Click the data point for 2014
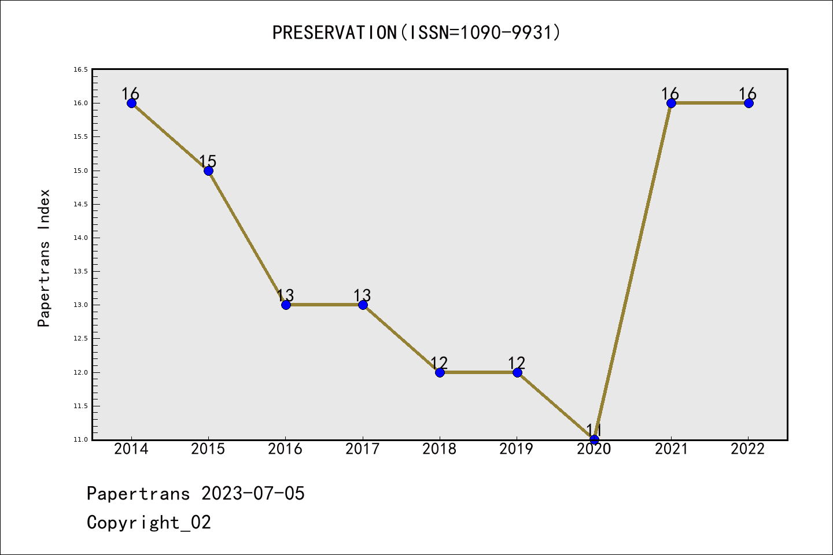(x=131, y=103)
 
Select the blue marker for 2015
(x=209, y=171)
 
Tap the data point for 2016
(x=286, y=305)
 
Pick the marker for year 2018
(x=440, y=372)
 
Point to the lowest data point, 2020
(x=594, y=439)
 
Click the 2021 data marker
(x=671, y=103)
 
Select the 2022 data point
(x=749, y=103)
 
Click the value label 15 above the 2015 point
(x=208, y=161)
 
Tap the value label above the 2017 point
(x=362, y=295)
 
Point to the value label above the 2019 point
(x=516, y=362)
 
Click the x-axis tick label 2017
(x=363, y=449)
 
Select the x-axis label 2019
(x=516, y=449)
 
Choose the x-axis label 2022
(x=748, y=449)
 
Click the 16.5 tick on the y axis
(x=81, y=69)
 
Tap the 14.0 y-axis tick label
(x=81, y=238)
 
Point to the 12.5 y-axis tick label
(x=81, y=338)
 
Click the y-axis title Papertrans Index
(x=44, y=258)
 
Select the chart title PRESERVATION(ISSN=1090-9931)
(x=416, y=32)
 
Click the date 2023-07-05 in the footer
(x=253, y=493)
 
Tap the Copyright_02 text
(x=149, y=523)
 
